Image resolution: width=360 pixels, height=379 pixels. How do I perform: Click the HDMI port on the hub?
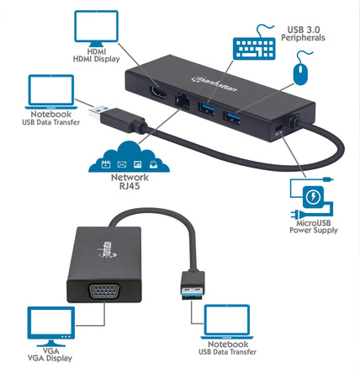click(159, 93)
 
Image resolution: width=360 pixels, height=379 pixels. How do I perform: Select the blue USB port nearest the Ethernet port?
click(206, 109)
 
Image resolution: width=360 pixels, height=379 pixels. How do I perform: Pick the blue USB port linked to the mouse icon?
click(231, 117)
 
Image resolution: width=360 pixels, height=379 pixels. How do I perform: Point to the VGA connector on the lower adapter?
click(104, 292)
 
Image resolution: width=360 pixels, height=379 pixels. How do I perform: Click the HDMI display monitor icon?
click(96, 29)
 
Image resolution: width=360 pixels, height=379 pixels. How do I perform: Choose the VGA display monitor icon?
click(51, 326)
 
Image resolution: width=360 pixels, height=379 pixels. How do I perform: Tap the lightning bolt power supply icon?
click(313, 197)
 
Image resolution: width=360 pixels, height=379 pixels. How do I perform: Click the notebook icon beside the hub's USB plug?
click(51, 92)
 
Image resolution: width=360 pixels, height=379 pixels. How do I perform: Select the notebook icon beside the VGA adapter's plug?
click(227, 322)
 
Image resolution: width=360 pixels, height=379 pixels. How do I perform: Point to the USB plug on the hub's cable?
click(117, 118)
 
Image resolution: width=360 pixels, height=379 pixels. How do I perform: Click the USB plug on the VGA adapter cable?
click(193, 285)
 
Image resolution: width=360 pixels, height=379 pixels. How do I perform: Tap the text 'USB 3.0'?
click(304, 29)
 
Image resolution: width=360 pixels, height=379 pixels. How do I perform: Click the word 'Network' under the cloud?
click(130, 178)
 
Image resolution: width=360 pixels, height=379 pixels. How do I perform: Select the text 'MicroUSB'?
click(314, 223)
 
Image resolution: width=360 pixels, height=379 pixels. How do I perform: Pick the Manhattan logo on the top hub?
click(214, 83)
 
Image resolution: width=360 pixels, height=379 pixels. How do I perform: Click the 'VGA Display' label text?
click(50, 358)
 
